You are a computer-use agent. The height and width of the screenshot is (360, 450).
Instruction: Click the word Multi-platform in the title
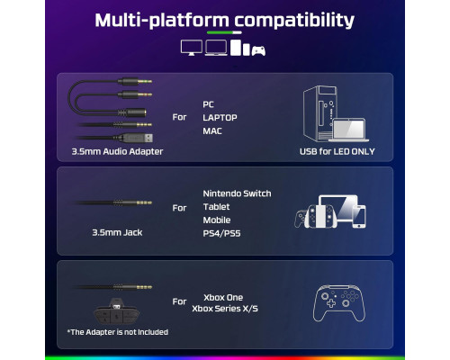click(162, 21)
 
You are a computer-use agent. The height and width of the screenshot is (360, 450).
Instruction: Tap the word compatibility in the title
click(294, 21)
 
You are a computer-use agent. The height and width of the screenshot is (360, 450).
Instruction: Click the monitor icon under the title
click(192, 48)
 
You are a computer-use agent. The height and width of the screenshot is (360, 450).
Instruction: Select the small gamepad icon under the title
click(258, 51)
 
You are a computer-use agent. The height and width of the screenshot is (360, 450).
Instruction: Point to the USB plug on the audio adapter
click(138, 138)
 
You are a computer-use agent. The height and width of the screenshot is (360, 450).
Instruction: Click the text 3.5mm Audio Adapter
click(117, 151)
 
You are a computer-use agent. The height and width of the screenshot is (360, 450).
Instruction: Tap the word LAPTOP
click(220, 118)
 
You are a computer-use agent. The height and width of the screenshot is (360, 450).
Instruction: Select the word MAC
click(212, 131)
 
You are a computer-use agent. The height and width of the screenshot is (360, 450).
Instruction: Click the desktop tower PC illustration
click(319, 113)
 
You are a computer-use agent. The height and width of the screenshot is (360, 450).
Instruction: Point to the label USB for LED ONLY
click(337, 151)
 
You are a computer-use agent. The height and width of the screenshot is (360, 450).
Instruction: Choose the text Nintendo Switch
click(237, 193)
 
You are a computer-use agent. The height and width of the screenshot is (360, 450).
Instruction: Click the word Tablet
click(216, 207)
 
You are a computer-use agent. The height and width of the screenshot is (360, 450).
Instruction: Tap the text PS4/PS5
click(221, 233)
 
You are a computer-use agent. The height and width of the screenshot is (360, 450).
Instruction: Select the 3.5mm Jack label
click(117, 232)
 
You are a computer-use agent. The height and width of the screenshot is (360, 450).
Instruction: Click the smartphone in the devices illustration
click(359, 216)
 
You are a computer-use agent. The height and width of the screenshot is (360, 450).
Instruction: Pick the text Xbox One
click(223, 298)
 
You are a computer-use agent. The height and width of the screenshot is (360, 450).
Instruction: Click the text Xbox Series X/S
click(225, 309)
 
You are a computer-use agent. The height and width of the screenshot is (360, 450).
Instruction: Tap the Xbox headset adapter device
click(117, 311)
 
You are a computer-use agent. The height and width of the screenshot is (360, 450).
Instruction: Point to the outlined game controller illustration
click(339, 303)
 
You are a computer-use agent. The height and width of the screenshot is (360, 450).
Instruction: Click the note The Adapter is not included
click(118, 332)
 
